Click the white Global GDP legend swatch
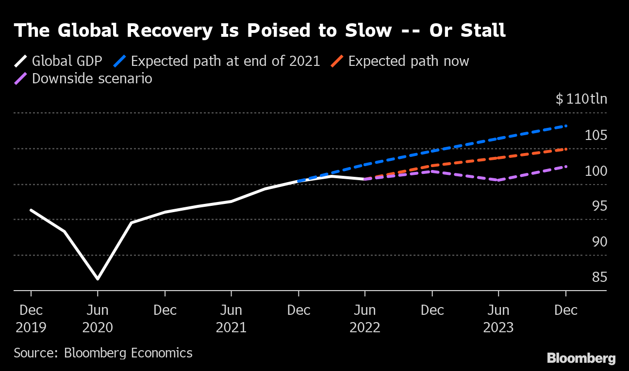tap(21, 62)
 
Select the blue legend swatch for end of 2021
tap(120, 62)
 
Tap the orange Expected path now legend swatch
tap(337, 62)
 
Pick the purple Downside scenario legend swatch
tap(21, 78)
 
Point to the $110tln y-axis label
tap(581, 99)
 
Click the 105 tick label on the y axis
tap(595, 135)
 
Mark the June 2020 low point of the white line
tap(98, 279)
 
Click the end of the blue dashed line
tap(566, 126)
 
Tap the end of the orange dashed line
tap(566, 149)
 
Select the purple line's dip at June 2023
tap(498, 180)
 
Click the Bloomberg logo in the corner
tap(581, 358)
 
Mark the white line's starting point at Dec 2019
tap(31, 210)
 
